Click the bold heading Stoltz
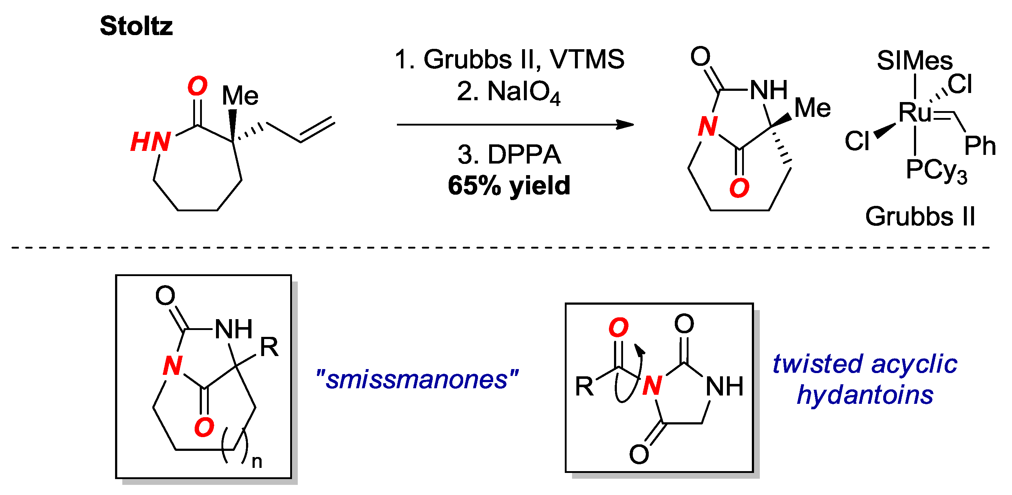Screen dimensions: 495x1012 (136, 26)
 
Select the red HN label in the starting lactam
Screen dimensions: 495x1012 (150, 142)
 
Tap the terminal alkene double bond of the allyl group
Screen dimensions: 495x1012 (317, 129)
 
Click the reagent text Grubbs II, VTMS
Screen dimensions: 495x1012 (509, 60)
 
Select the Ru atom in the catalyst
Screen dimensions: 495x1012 (915, 113)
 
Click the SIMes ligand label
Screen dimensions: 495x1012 (915, 61)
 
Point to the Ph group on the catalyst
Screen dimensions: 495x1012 (980, 146)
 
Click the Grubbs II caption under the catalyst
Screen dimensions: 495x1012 (920, 216)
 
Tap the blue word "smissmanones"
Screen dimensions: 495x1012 (417, 380)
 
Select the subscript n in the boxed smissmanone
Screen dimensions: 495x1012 (257, 462)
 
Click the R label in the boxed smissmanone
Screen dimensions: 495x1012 (269, 347)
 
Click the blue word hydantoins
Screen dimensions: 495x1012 (865, 395)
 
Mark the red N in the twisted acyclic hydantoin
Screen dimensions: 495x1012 (652, 385)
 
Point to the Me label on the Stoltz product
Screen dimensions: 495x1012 (812, 108)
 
